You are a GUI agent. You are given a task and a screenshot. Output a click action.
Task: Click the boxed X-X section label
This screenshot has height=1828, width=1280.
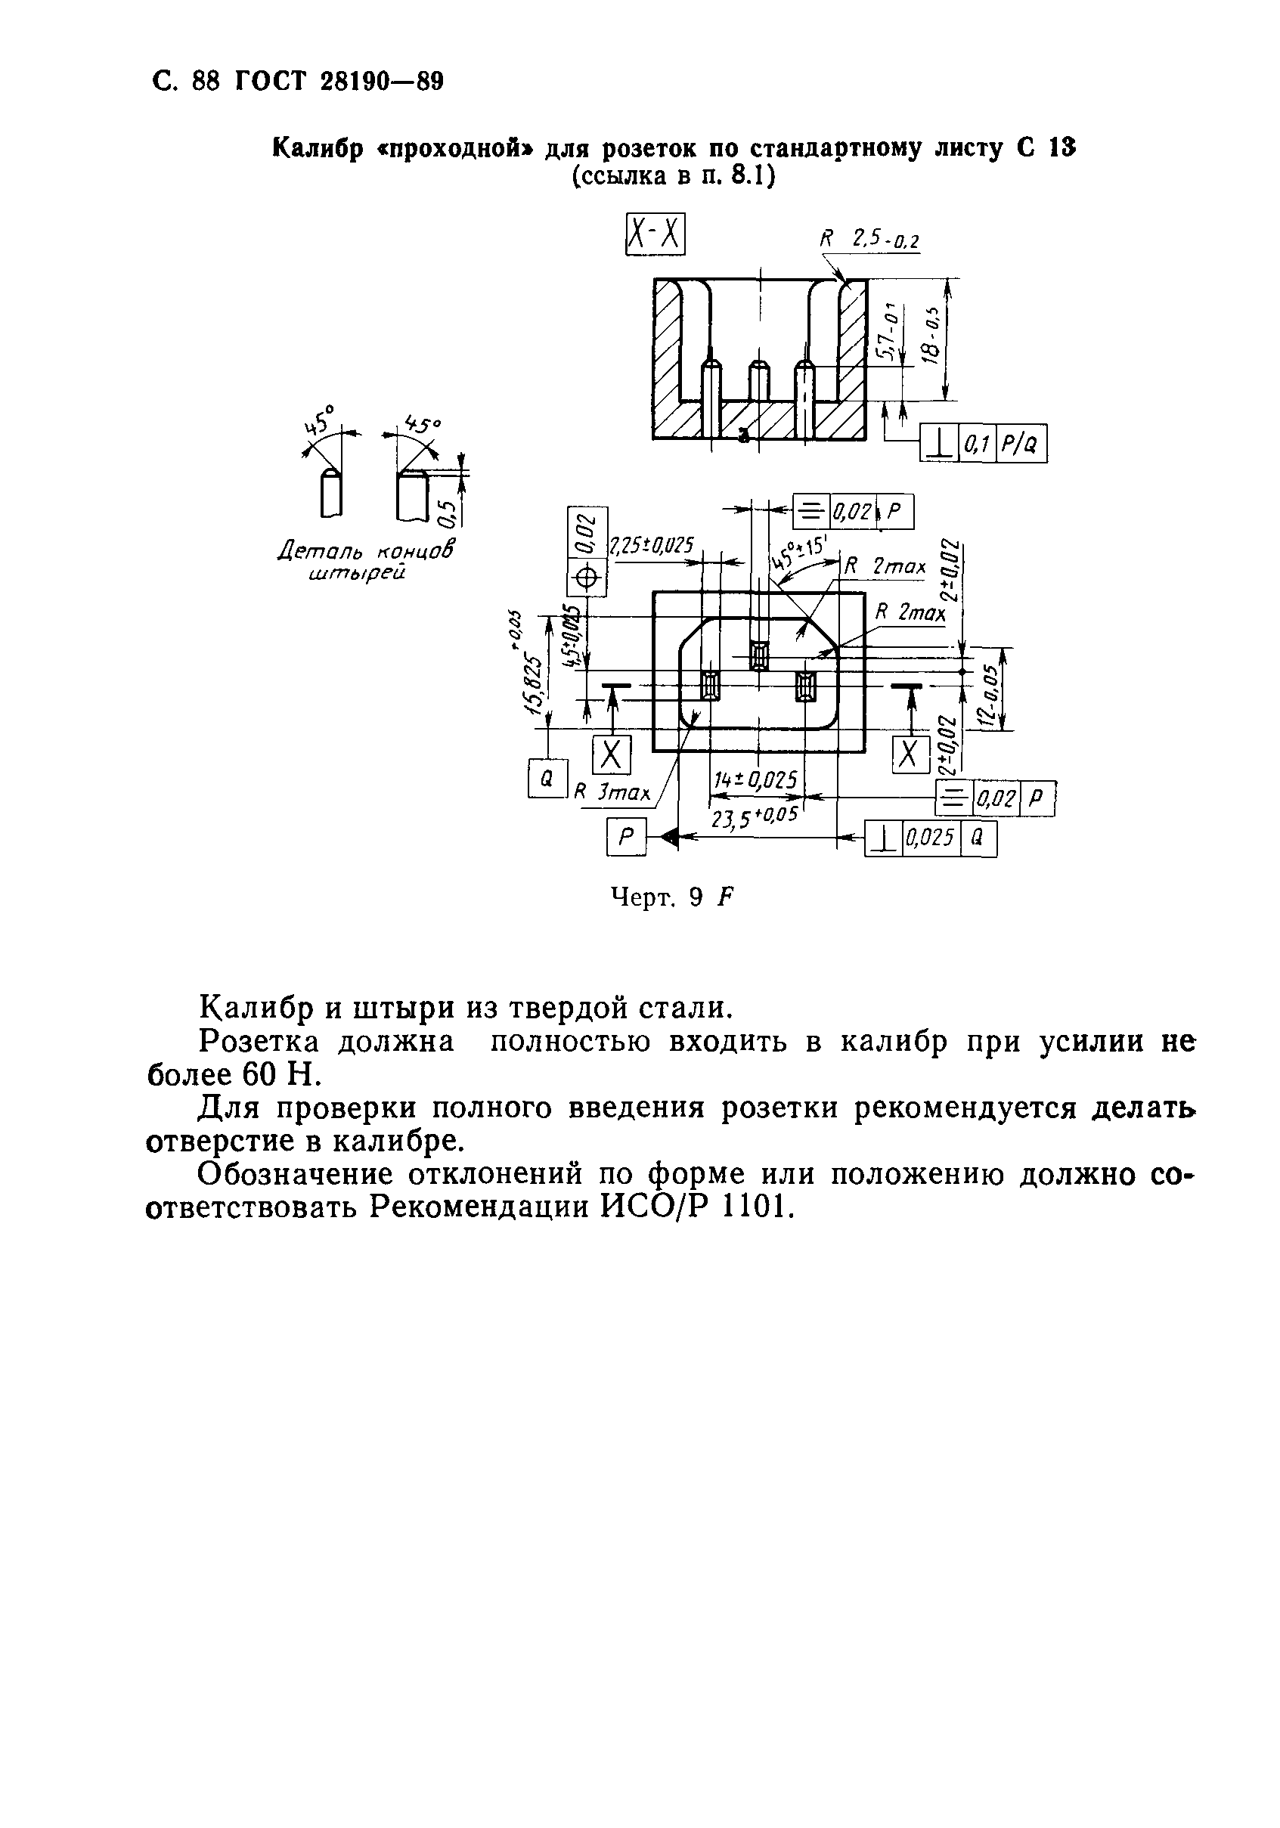pyautogui.click(x=654, y=235)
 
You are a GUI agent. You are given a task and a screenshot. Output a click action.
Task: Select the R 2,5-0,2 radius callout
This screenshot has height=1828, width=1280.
pyautogui.click(x=869, y=240)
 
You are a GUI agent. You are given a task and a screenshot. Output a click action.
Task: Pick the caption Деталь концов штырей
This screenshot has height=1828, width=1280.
pyautogui.click(x=365, y=560)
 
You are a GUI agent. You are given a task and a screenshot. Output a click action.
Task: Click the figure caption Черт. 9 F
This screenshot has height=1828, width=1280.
pyautogui.click(x=671, y=897)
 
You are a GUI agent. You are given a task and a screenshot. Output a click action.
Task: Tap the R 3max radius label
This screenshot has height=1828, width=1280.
pyautogui.click(x=613, y=793)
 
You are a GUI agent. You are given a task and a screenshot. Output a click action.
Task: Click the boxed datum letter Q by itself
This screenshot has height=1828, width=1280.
pyautogui.click(x=547, y=779)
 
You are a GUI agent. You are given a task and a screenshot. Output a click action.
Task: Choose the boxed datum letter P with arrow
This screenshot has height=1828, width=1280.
pyautogui.click(x=627, y=838)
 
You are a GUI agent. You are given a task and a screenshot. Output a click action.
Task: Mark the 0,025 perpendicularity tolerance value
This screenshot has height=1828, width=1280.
pyautogui.click(x=930, y=838)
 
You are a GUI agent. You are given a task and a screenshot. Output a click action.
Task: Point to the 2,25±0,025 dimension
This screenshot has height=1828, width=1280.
pyautogui.click(x=651, y=546)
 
